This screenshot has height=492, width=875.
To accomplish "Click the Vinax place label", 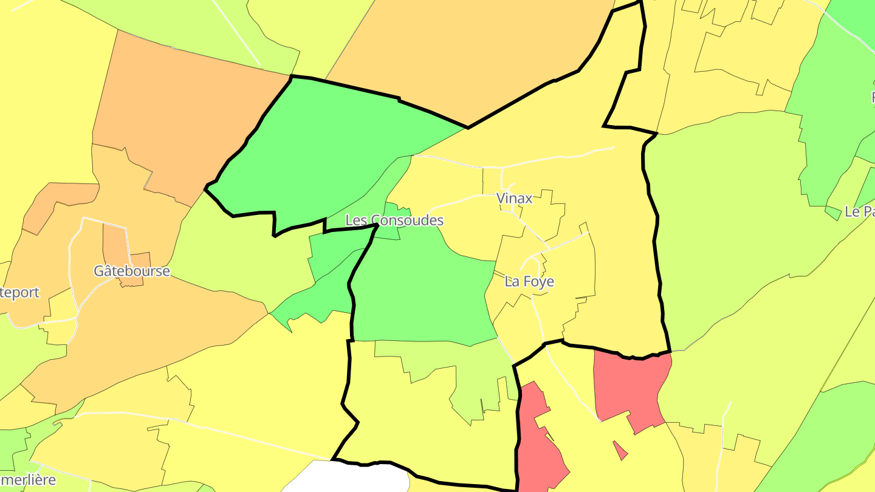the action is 514,198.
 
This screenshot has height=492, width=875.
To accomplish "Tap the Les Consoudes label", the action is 394,220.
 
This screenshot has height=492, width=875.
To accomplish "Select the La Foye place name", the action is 529,281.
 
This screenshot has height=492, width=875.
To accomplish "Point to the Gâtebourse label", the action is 131,271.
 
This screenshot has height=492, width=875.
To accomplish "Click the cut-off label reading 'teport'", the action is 19,292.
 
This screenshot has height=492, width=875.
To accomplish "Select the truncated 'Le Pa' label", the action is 859,211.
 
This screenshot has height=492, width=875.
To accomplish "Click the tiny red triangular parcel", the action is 620,450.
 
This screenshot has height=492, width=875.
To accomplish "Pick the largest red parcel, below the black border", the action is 629,386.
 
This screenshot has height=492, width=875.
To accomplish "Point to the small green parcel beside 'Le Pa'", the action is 832,213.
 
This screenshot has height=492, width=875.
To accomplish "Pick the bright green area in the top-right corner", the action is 854,18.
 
